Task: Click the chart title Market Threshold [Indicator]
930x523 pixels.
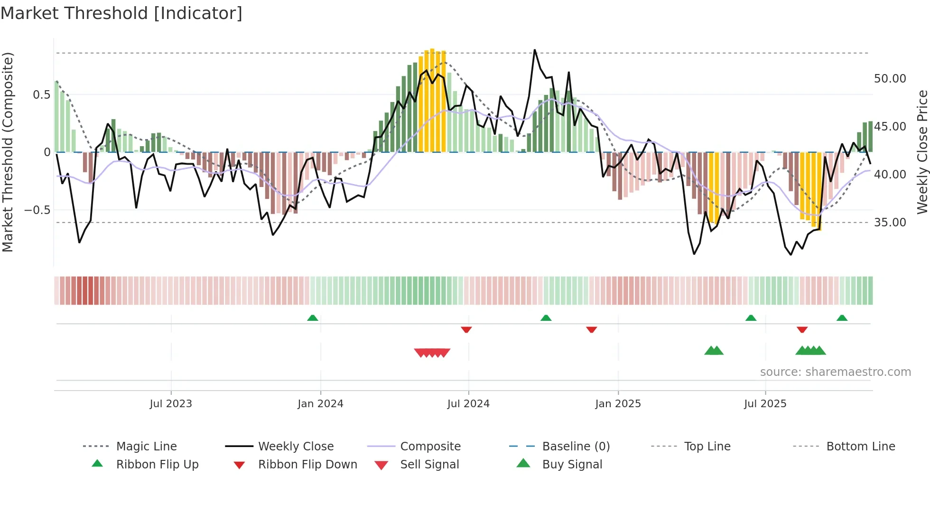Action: (121, 13)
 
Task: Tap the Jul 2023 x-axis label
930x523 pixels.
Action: (171, 404)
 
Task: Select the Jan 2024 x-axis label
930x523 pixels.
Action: (320, 404)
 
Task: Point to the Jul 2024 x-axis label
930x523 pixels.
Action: (468, 404)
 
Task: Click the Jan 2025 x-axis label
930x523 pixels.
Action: (618, 404)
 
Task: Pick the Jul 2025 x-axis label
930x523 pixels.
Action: (765, 404)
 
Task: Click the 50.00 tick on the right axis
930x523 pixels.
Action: (890, 79)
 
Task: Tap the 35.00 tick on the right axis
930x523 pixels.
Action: (890, 223)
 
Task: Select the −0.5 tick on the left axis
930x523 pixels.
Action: (37, 210)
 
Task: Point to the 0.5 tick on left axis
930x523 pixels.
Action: (41, 95)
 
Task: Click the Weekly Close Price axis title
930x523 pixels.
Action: (922, 152)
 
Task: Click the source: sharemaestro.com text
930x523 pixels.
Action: (835, 372)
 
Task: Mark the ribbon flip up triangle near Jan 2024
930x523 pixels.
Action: (313, 318)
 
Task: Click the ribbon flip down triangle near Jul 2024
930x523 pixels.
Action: (466, 329)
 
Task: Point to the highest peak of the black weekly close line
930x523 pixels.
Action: (535, 50)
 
